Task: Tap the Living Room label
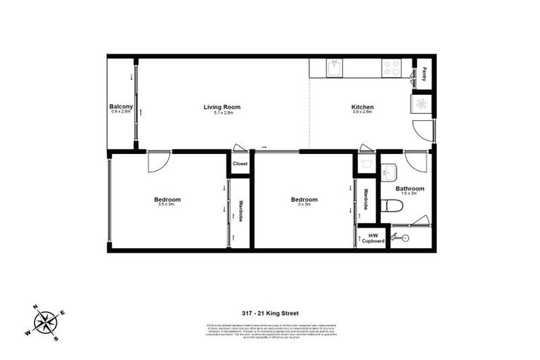(221, 108)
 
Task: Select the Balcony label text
(121, 108)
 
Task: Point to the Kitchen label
(362, 108)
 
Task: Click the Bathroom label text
(409, 188)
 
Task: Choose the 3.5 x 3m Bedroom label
(167, 200)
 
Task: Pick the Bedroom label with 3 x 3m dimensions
(304, 200)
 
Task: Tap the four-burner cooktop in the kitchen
(392, 67)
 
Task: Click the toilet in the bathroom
(392, 205)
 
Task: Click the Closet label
(240, 163)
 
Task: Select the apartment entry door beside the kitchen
(424, 129)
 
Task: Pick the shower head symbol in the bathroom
(404, 238)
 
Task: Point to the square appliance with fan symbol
(421, 103)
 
